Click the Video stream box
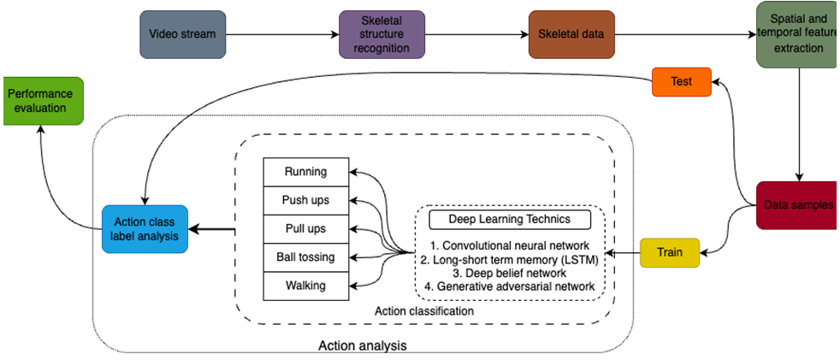tap(182, 35)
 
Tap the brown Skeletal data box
tap(571, 35)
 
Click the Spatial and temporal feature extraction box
tap(797, 34)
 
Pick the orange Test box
tap(682, 82)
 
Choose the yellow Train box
tap(669, 253)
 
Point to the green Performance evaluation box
tap(40, 100)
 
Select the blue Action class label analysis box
tap(144, 229)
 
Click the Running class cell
tap(306, 172)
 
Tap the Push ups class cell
tap(306, 200)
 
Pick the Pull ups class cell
tap(306, 228)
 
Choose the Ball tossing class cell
tap(306, 257)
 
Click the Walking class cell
tap(306, 285)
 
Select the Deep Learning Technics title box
tap(510, 220)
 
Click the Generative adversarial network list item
tap(511, 286)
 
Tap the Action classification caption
tap(424, 311)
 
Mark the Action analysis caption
tap(363, 345)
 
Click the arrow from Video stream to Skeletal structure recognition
tap(281, 35)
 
